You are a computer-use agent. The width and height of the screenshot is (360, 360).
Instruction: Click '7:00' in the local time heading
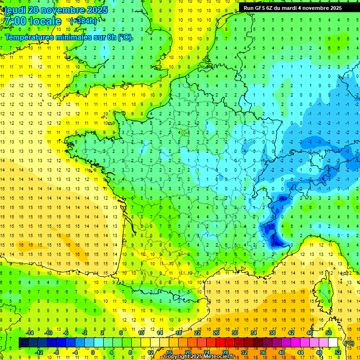pos(15,21)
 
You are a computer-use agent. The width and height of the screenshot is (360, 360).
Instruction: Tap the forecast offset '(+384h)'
pos(83,21)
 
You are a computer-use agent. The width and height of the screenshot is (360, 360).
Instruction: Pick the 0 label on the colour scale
pos(93,352)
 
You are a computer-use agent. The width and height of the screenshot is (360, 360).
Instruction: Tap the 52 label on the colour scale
pos(338,352)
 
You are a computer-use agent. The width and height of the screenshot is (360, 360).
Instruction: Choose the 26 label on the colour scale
pos(216,332)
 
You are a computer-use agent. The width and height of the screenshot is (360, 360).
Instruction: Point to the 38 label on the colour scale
pos(272,332)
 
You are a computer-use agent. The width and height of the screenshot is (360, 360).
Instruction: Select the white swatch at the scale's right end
pos(333,342)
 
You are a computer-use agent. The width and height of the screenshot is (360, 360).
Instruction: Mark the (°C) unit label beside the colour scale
pos(349,343)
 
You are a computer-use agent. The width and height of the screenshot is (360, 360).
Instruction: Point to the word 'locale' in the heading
pos(45,21)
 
